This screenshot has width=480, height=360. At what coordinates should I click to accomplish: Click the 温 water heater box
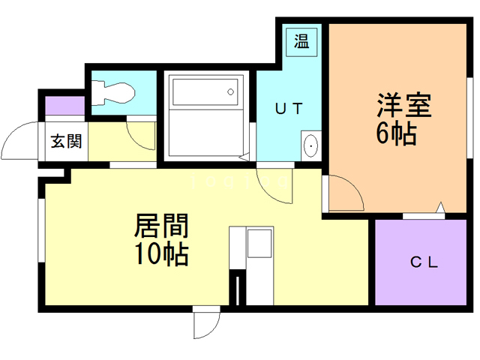point(301,40)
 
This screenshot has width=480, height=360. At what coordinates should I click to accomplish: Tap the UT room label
point(288,108)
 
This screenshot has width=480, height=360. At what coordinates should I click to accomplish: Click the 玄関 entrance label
point(66,141)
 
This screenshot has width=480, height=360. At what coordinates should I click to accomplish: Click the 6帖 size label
point(396,134)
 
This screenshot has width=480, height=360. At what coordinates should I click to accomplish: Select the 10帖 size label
point(160,255)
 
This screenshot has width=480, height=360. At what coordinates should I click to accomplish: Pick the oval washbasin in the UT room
point(310,145)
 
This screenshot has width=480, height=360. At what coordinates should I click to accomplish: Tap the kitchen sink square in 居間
point(260,243)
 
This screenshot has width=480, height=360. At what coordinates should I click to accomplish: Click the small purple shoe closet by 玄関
point(54,105)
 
